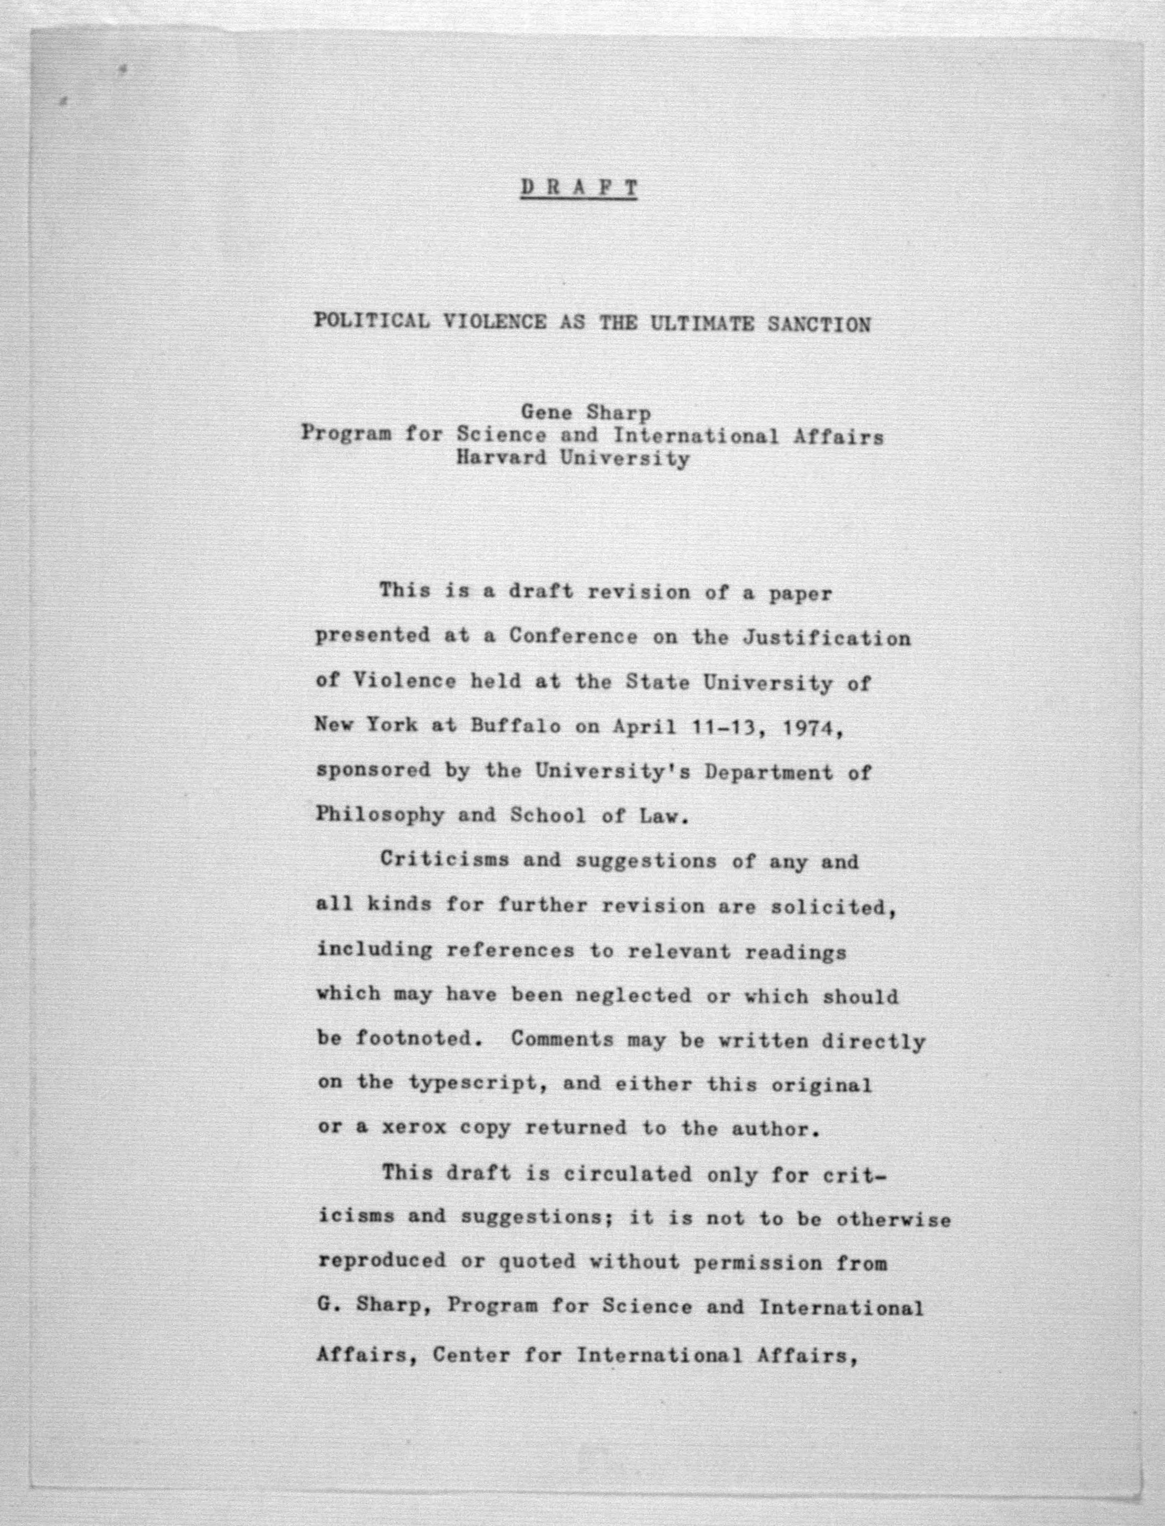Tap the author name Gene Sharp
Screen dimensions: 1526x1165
586,413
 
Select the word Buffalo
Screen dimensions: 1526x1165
516,726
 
